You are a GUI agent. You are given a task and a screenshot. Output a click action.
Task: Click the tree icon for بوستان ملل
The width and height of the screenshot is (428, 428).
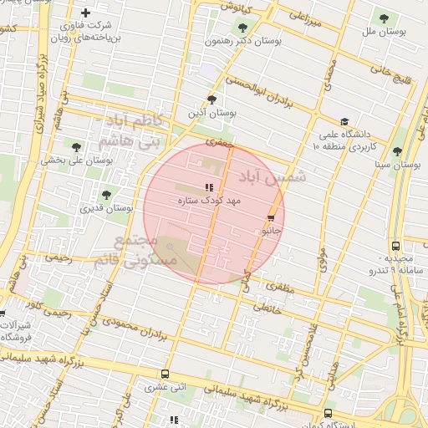tap(384, 18)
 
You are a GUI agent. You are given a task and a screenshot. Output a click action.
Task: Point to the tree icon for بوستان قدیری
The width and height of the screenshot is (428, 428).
tap(104, 195)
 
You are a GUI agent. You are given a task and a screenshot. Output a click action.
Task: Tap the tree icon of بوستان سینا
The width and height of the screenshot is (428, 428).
tap(396, 152)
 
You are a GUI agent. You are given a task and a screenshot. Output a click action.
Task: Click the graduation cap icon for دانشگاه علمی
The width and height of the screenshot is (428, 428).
tap(344, 121)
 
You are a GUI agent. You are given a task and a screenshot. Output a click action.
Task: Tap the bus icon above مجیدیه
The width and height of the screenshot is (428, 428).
tap(395, 246)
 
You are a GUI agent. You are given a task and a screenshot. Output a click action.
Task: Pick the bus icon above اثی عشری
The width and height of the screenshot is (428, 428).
tap(165, 374)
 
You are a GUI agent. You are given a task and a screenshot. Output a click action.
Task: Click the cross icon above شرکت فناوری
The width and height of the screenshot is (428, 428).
tap(86, 13)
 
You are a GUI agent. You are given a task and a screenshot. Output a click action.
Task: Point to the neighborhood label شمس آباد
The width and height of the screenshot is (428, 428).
tap(273, 177)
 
